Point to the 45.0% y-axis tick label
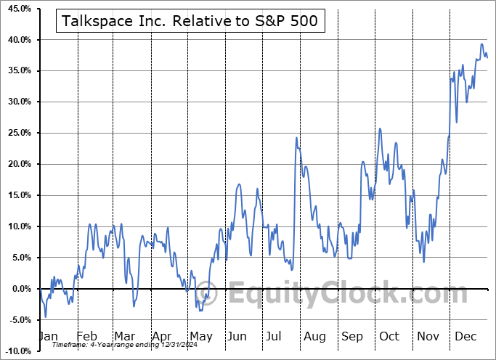tap(17, 9)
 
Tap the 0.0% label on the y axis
tap(20, 289)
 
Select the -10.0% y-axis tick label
tap(17, 351)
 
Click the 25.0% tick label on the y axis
tap(17, 133)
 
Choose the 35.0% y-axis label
tap(17, 70)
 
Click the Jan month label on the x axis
tap(47, 337)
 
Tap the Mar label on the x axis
tap(124, 337)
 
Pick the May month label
tap(200, 337)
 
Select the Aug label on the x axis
tap(314, 337)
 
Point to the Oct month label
tap(389, 337)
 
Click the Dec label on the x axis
tap(465, 337)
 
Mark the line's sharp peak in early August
tap(296, 137)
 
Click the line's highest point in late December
tap(481, 44)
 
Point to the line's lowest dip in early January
tap(45, 317)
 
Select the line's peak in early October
tap(379, 128)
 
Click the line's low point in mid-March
tap(134, 306)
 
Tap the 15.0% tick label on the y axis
tap(17, 195)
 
